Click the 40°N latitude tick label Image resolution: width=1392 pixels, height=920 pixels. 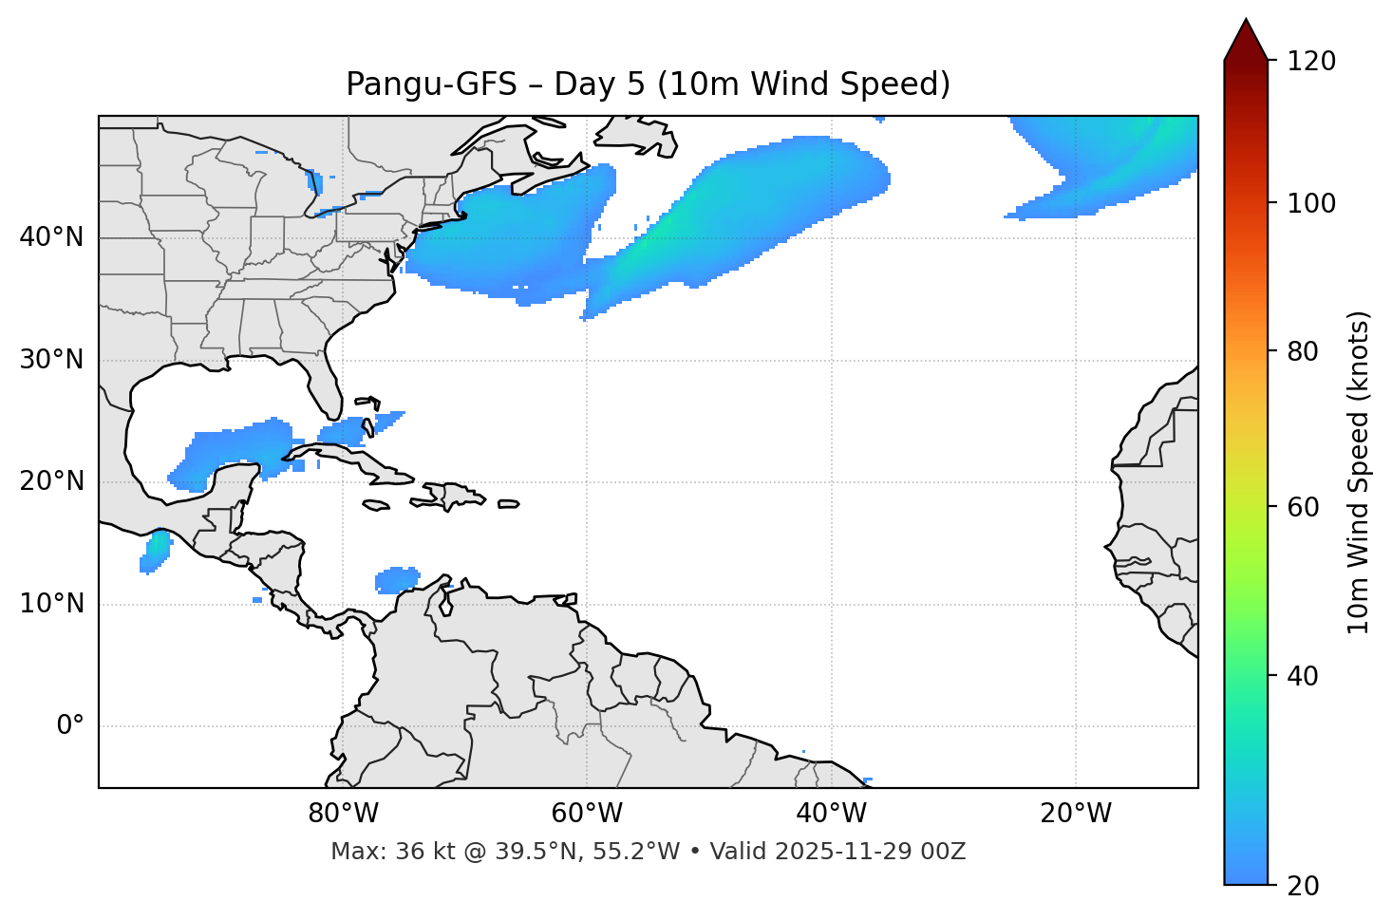[51, 237]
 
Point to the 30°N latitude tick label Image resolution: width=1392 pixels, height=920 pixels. [51, 360]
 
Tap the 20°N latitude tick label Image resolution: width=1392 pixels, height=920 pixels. [51, 481]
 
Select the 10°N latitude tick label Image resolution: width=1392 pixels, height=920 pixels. [51, 604]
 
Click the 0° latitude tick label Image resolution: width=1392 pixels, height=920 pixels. [70, 726]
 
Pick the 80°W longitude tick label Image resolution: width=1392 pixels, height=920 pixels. [343, 814]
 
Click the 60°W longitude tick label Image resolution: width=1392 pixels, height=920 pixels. [587, 814]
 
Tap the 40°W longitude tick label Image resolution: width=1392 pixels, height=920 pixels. [831, 814]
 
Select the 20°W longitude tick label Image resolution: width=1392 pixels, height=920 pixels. [1076, 814]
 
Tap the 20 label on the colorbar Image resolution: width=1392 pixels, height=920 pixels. [1303, 886]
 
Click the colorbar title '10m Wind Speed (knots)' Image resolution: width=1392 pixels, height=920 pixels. [1360, 473]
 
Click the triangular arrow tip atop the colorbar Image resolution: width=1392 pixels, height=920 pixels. [1246, 38]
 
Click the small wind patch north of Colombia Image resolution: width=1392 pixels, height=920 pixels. [397, 578]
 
